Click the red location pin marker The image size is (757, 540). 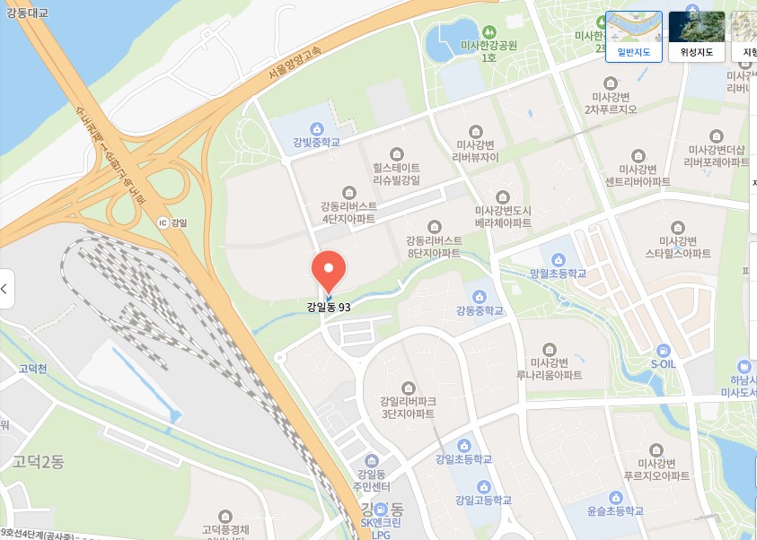click(328, 270)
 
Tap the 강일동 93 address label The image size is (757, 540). click(335, 307)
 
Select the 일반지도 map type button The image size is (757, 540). click(634, 35)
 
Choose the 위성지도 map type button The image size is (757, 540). click(697, 35)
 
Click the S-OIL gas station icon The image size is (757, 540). click(663, 351)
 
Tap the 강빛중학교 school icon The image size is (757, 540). click(316, 127)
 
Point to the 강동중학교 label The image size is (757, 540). click(480, 311)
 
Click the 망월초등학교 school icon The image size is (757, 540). click(559, 259)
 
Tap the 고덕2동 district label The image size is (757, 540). click(38, 462)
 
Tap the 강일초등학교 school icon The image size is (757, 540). click(463, 445)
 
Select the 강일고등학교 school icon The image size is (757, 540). click(483, 485)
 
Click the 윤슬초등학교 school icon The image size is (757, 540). click(616, 497)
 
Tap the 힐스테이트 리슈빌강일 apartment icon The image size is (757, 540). click(397, 154)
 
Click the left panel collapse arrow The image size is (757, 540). click(5, 289)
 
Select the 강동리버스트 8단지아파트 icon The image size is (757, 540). click(435, 226)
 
